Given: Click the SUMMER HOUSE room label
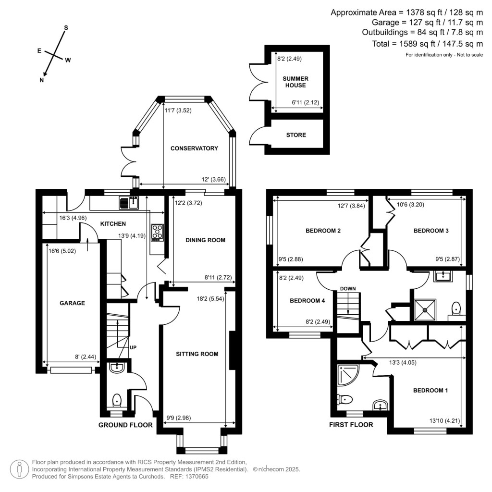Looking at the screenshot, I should click(x=295, y=82).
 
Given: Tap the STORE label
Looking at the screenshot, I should click(x=296, y=135).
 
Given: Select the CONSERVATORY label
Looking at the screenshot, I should click(x=194, y=148).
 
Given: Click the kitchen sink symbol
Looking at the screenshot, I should click(x=129, y=203).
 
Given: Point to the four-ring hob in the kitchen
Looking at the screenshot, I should click(x=157, y=232).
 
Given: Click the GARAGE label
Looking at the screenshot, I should click(x=72, y=303).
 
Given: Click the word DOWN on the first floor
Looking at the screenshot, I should click(x=347, y=289).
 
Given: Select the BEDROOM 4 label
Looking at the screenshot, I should click(x=307, y=301).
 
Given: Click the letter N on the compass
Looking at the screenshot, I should click(x=42, y=80).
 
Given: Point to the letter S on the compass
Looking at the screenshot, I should click(x=66, y=28).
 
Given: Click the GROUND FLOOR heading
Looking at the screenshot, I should click(x=125, y=425).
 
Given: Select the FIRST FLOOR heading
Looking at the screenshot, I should click(x=351, y=425).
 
